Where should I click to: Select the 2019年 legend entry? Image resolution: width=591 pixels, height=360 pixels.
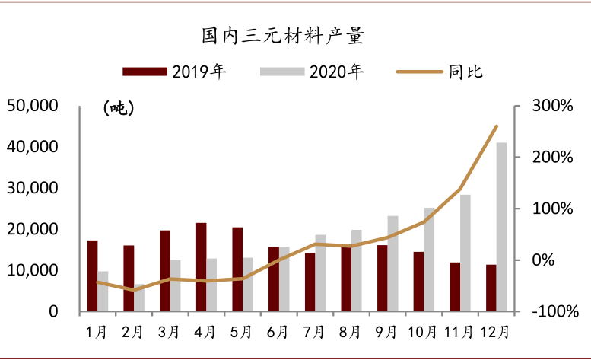[175, 72]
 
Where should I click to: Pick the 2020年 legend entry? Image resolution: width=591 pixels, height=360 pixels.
[312, 72]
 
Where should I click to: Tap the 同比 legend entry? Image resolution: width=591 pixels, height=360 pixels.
[441, 72]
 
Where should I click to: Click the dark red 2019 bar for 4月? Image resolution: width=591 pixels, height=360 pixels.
[201, 266]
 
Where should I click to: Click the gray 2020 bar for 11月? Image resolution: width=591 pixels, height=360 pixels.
[465, 253]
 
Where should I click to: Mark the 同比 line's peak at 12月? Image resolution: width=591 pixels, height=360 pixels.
[497, 126]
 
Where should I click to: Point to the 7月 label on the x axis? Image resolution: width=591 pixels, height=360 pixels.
[314, 332]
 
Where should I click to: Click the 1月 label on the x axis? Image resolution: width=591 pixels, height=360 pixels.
[97, 332]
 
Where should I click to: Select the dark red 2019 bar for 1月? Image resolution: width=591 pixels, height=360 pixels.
[92, 276]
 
